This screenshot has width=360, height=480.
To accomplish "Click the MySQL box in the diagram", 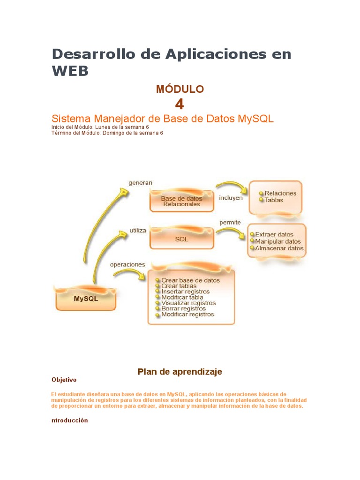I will [86, 299].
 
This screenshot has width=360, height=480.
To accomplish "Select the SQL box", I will [181, 239].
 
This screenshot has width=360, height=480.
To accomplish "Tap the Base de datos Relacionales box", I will [181, 201].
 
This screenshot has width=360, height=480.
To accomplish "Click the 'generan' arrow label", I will [140, 182].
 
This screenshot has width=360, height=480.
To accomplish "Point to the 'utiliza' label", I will [138, 231].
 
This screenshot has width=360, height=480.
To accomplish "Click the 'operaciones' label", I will [127, 264].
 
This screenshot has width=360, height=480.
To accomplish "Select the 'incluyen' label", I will [231, 198].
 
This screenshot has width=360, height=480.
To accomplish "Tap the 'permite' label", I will [230, 222].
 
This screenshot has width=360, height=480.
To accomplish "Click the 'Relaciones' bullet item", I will [280, 193].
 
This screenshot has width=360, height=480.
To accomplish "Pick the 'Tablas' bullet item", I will [274, 200].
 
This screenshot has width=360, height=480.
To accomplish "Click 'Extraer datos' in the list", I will [274, 234].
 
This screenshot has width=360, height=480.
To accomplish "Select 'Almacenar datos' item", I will [279, 248].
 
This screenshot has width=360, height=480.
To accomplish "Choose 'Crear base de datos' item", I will [190, 280].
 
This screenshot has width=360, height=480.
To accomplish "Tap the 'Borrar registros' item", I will [183, 309].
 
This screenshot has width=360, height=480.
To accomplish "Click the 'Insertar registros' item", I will [185, 292].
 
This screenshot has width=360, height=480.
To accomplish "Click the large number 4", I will [180, 104].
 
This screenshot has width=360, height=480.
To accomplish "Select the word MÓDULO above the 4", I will [180, 89].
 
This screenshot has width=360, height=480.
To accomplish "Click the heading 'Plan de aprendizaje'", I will [180, 372].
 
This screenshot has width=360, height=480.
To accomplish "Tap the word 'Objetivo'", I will [64, 380].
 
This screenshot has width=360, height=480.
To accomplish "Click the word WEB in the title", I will [70, 71].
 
